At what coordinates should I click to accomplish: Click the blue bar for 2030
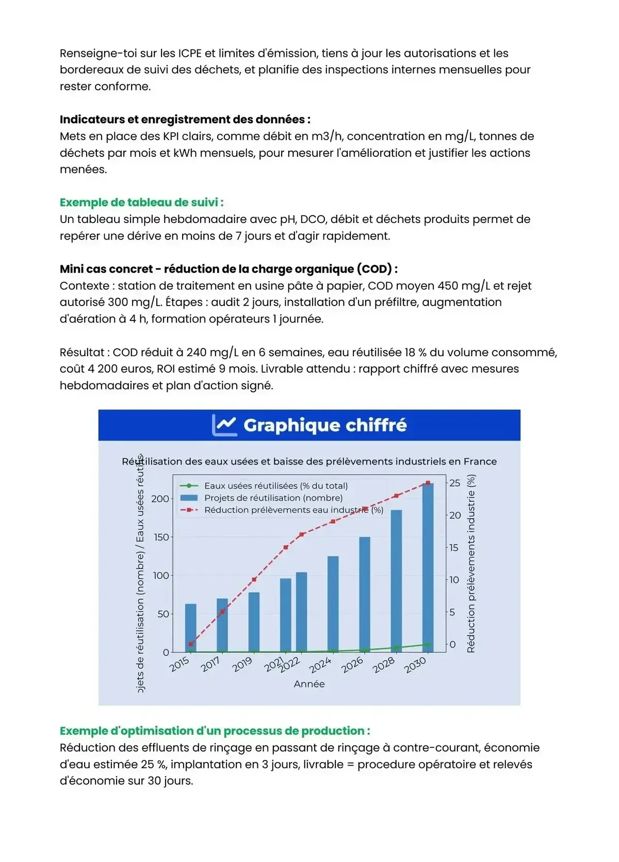click(x=428, y=568)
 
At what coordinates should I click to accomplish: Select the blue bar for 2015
click(x=191, y=628)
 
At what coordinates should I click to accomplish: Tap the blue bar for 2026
click(x=365, y=594)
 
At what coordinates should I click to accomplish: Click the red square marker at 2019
click(x=254, y=580)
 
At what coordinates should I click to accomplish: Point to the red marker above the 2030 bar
click(x=428, y=483)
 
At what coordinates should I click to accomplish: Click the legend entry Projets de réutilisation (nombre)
click(x=273, y=498)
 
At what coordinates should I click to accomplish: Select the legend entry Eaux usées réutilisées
click(x=276, y=486)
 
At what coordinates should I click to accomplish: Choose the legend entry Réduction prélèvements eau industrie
click(x=294, y=510)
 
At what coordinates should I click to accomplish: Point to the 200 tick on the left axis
click(x=160, y=499)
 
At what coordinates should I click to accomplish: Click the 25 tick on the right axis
click(x=454, y=483)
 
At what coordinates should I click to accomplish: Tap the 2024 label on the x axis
click(x=320, y=665)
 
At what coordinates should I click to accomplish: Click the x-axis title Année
click(x=309, y=684)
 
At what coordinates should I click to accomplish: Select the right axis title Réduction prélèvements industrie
click(x=471, y=564)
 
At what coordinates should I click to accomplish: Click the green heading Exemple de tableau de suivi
click(x=141, y=202)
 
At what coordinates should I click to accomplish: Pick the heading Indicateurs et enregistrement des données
click(x=185, y=119)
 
